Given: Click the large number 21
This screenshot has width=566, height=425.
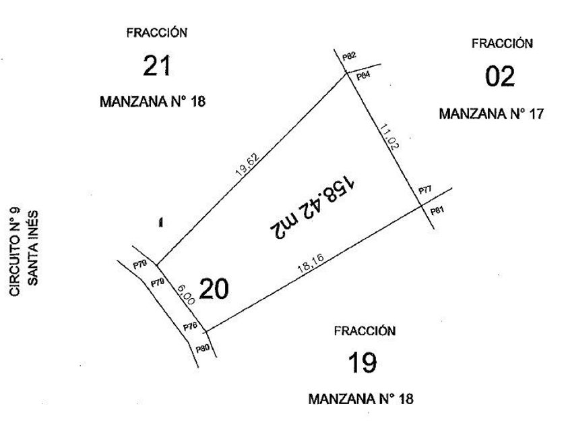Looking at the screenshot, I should (156, 66).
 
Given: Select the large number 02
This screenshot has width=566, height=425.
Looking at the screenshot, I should (500, 76).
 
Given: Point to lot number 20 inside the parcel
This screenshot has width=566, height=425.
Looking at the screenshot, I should (214, 289).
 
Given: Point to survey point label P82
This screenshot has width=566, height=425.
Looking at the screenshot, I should (348, 57).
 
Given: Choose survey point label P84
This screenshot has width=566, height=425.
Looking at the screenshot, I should (363, 76).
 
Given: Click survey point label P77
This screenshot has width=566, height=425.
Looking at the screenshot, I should (425, 191).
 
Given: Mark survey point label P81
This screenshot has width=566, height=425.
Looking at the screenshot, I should (437, 211).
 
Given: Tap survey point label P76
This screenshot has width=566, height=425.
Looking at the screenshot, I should (190, 327).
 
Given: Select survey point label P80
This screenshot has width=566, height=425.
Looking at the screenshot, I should (202, 349).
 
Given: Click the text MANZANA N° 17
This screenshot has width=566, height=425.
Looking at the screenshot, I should (491, 113).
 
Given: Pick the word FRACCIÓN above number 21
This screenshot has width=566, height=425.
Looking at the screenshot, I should (156, 32).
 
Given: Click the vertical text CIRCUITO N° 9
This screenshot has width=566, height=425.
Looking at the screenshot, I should (16, 252).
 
